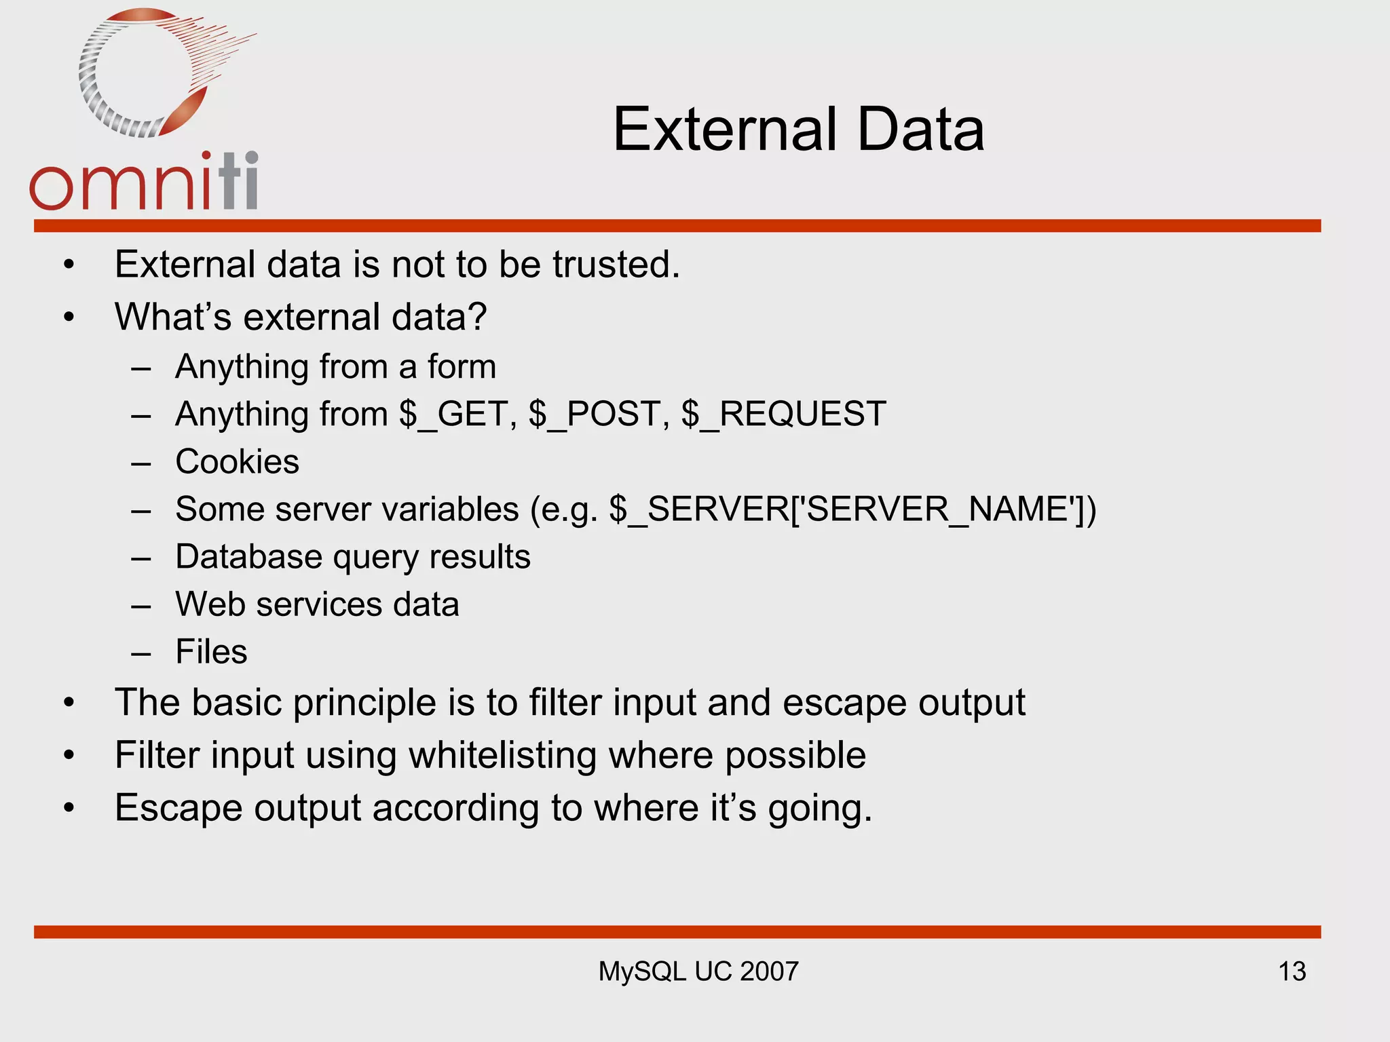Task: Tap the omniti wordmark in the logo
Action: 144,182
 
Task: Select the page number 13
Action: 1292,971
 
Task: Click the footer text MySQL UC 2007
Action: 698,971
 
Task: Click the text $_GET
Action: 458,414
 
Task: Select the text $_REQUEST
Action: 783,414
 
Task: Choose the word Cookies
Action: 237,462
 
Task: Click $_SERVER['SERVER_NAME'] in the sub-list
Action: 851,509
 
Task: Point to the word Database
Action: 248,557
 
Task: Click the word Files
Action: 211,652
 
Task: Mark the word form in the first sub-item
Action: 462,367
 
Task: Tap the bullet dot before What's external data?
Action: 69,317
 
